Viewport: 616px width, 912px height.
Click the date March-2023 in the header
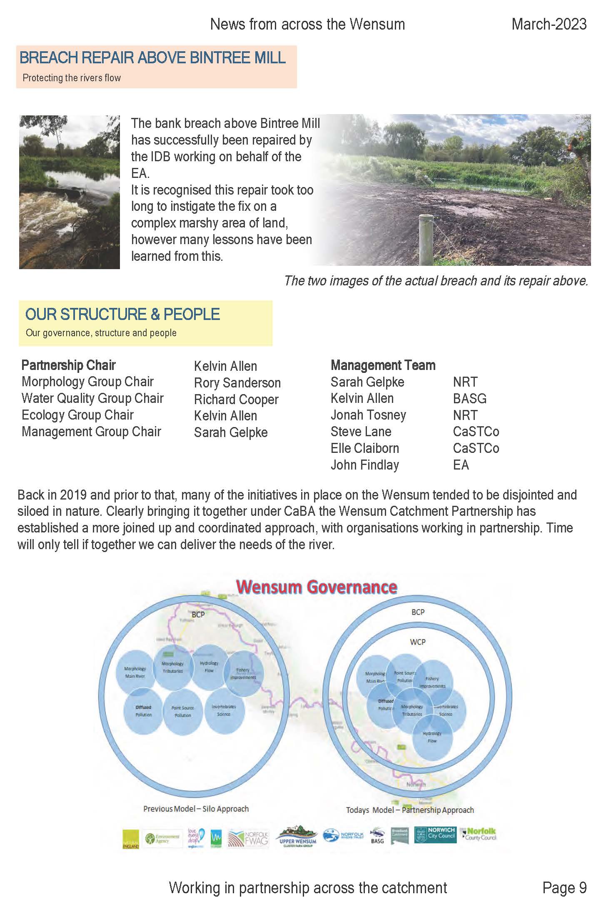(x=549, y=24)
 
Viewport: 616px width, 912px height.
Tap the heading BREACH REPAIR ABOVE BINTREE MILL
(x=152, y=57)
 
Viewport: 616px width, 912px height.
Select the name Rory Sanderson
(x=237, y=382)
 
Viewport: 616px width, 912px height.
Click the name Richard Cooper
(x=236, y=399)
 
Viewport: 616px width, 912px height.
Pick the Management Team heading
(x=383, y=365)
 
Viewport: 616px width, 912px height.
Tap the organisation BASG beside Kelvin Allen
(x=469, y=399)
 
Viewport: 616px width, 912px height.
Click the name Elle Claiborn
(x=364, y=448)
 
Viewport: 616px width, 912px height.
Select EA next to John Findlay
(x=461, y=465)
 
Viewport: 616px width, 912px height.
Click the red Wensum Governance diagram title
(x=316, y=587)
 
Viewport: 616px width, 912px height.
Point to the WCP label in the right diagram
(x=417, y=642)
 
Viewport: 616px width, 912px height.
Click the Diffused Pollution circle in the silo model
(x=143, y=711)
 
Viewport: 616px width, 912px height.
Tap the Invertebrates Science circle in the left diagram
(x=224, y=710)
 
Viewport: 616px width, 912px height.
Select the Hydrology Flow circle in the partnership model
(x=432, y=737)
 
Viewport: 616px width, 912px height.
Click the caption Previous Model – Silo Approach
(x=196, y=809)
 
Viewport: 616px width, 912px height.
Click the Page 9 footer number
(x=564, y=888)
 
